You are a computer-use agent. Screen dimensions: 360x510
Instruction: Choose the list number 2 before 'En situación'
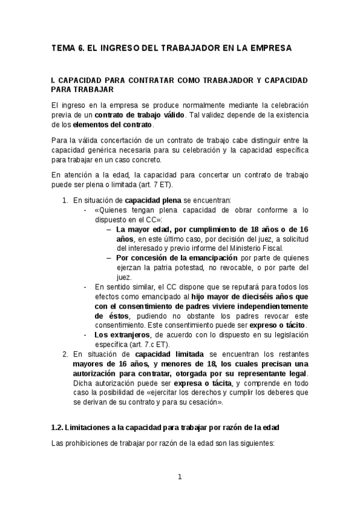tap(65, 354)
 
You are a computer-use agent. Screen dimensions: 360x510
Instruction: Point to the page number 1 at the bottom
tap(179, 478)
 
